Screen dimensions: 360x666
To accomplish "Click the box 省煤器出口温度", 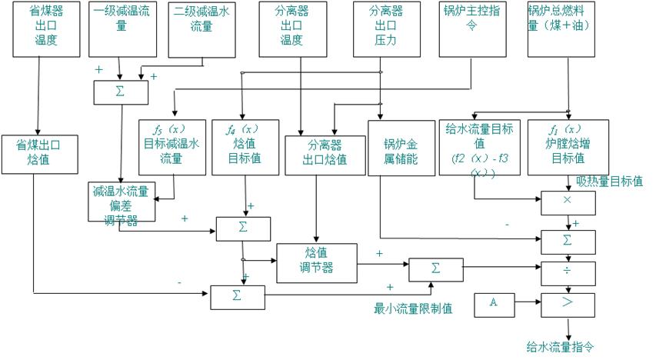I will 46,28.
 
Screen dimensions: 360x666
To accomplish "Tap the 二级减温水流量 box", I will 201,28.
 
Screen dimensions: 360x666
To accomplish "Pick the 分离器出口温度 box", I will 291,28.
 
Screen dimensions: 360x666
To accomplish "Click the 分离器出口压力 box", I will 387,28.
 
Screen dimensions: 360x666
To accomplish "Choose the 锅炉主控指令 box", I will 472,28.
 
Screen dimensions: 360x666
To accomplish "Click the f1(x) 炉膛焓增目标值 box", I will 558,146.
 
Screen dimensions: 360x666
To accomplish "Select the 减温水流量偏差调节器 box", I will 122,202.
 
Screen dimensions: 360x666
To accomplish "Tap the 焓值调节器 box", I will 317,262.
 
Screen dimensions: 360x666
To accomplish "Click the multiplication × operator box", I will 568,202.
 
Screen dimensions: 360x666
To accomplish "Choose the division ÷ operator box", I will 568,272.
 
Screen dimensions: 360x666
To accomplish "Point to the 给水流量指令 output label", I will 561,347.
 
